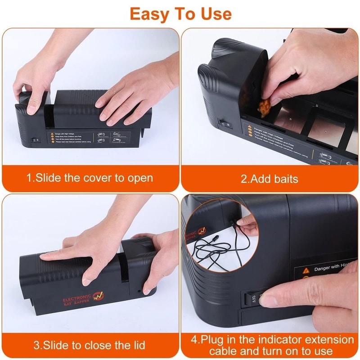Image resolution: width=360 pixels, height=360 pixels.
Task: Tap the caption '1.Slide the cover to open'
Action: point(90,178)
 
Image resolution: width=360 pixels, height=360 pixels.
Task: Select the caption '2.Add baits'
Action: point(269,179)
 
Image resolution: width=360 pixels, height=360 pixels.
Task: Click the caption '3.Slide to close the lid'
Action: point(90,345)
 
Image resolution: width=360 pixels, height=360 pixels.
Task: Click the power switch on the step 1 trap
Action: point(34,140)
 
